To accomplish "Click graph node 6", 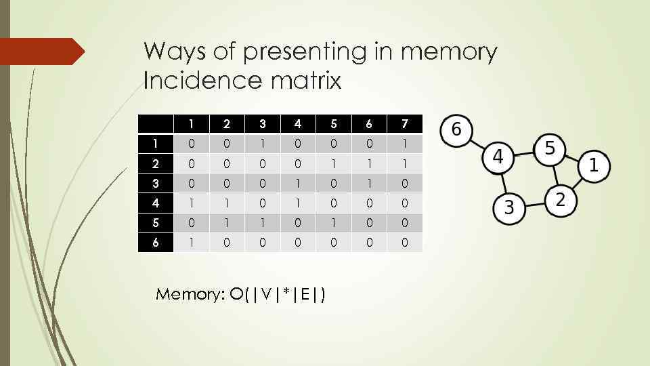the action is pos(456,129).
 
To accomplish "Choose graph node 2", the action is pos(561,200).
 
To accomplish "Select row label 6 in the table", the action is pos(155,242).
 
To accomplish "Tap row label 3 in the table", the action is pos(155,183).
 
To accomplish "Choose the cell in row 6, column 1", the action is pos(191,242).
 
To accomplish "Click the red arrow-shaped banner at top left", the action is pos(41,52).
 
